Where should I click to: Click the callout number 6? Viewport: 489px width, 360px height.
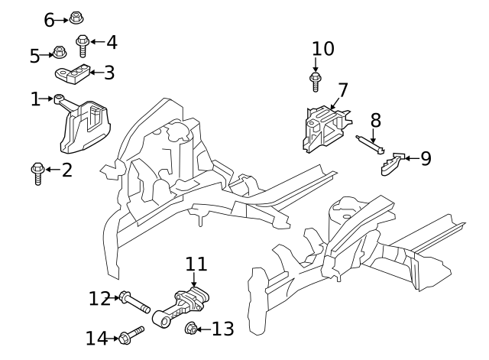click(x=50, y=19)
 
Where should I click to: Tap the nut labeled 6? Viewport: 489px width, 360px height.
click(x=75, y=18)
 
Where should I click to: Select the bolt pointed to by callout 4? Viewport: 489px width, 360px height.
click(x=81, y=46)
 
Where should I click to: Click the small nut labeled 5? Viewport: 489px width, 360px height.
click(x=58, y=54)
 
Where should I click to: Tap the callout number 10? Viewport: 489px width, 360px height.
click(x=323, y=49)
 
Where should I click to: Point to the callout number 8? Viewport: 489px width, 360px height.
click(x=375, y=119)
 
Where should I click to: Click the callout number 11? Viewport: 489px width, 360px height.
click(x=196, y=264)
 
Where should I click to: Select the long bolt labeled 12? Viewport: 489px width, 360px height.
click(x=134, y=302)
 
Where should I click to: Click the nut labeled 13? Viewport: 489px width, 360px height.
click(x=193, y=329)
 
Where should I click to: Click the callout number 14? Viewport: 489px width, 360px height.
click(x=98, y=337)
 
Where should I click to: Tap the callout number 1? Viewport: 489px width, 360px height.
click(x=34, y=99)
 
